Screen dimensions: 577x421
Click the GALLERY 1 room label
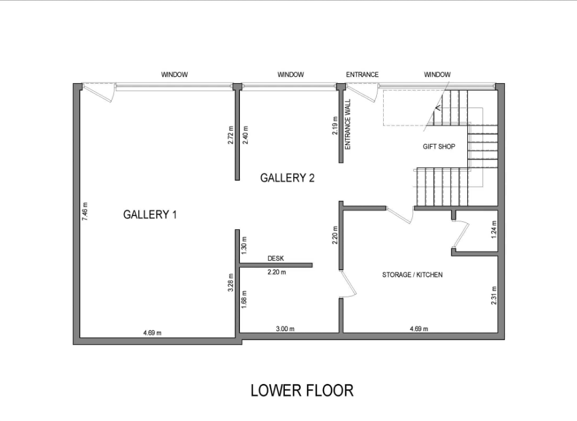[x=150, y=214]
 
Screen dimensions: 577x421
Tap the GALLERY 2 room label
[x=288, y=178]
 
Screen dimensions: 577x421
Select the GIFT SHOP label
[x=439, y=147]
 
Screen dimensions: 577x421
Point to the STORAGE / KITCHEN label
[x=412, y=275]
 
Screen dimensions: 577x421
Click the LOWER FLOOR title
[x=302, y=390]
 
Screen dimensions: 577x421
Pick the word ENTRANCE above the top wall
[x=362, y=75]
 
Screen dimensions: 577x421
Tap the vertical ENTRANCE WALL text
[x=348, y=125]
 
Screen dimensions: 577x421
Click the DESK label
[x=276, y=258]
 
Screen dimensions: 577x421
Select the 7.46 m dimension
[x=85, y=212]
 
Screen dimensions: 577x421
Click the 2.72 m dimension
[x=231, y=135]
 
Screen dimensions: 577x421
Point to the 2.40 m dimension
[x=246, y=135]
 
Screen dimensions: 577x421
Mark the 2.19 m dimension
[x=335, y=126]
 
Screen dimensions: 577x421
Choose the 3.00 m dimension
[x=285, y=329]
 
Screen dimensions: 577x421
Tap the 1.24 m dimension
[x=494, y=229]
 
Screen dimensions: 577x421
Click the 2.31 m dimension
[x=494, y=296]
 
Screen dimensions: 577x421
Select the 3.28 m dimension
[x=231, y=283]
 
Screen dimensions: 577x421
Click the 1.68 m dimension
[x=244, y=299]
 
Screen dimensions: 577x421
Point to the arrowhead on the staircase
[x=438, y=108]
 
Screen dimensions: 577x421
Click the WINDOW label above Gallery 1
[x=175, y=75]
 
